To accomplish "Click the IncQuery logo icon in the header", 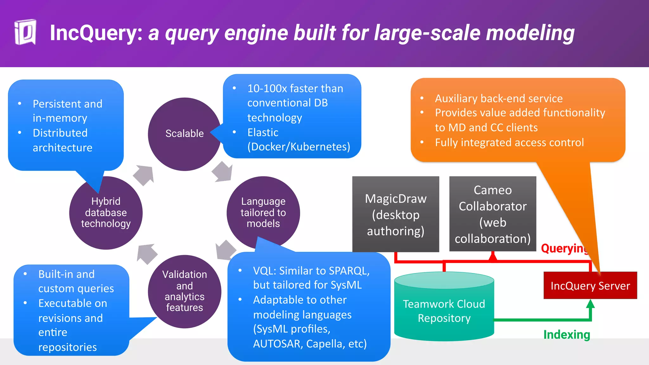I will tap(25, 32).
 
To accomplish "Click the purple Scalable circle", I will tap(184, 134).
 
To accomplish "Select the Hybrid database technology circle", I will tap(106, 213).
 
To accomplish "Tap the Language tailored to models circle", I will tap(263, 212).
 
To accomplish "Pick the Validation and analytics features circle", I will tap(184, 291).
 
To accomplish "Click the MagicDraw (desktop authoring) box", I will tap(395, 215).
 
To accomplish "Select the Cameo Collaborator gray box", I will tap(492, 214).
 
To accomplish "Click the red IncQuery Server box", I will tap(590, 285).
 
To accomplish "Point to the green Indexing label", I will tap(567, 335).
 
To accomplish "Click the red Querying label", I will tap(564, 248).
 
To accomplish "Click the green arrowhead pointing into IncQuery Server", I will tap(590, 304).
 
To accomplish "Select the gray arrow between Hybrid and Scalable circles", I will tap(144, 175).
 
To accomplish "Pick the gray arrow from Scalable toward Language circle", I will tap(222, 172).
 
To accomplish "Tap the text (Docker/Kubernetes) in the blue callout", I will tap(299, 147).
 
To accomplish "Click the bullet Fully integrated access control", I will tap(509, 143).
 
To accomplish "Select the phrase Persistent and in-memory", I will tap(67, 111).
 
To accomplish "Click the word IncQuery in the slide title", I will tap(96, 33).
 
